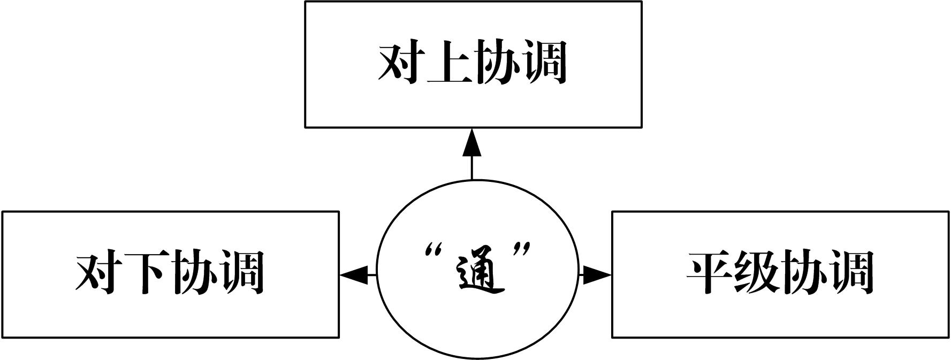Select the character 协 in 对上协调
496,63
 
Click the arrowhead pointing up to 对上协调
472,142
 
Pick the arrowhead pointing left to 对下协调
353,275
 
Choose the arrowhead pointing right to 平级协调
596,275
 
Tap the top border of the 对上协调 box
473,2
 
